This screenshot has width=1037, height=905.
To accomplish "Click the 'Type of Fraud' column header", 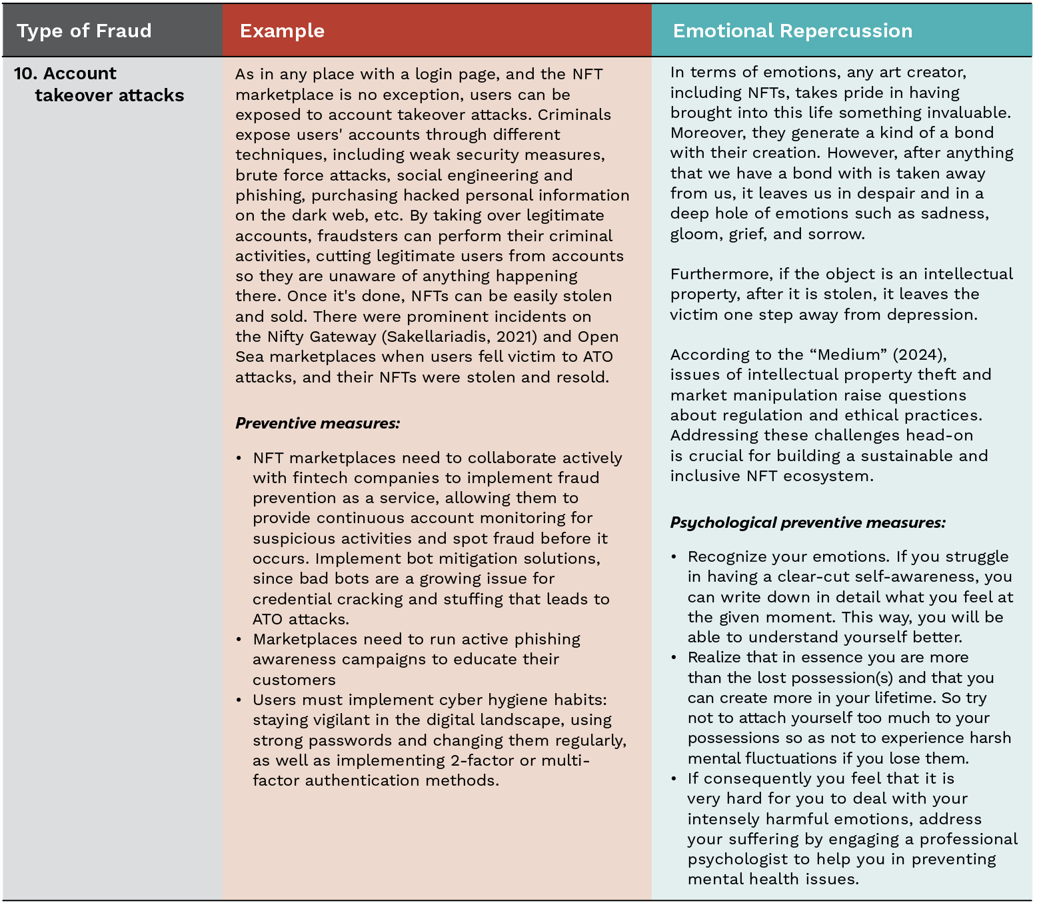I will pyautogui.click(x=84, y=31).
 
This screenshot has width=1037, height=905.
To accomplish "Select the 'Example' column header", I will pyautogui.click(x=282, y=31).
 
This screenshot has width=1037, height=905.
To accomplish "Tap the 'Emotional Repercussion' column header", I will pyautogui.click(x=792, y=31).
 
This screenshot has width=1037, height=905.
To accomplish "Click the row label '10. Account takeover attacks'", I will pyautogui.click(x=99, y=85).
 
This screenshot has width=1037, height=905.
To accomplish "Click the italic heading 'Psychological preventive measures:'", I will pyautogui.click(x=808, y=522).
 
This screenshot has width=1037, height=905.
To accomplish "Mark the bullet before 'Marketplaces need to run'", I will pyautogui.click(x=239, y=640).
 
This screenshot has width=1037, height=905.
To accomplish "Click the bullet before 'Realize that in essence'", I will pyautogui.click(x=674, y=658).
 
